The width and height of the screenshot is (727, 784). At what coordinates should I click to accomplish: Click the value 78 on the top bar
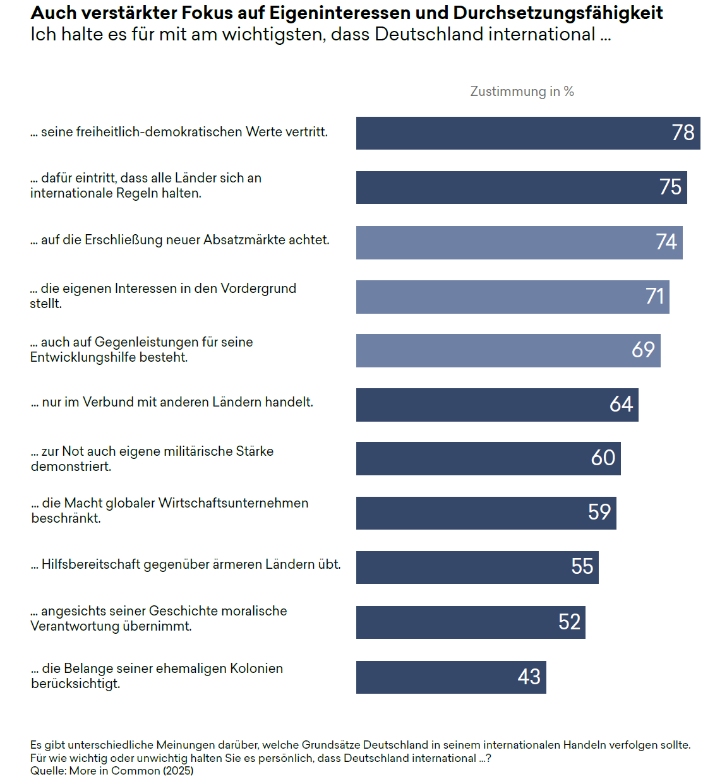[683, 133]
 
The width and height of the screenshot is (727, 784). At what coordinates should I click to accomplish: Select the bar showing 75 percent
[521, 187]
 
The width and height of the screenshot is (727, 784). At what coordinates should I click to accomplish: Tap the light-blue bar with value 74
[519, 242]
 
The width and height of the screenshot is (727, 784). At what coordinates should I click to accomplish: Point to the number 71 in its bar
[655, 296]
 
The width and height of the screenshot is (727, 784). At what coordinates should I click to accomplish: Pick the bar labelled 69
[508, 350]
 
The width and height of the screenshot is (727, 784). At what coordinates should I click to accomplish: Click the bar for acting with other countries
[497, 405]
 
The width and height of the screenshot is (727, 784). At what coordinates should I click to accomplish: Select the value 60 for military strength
[603, 458]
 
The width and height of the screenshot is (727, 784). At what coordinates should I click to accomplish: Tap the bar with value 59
[486, 513]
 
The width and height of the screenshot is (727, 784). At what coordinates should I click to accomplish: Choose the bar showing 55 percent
[477, 567]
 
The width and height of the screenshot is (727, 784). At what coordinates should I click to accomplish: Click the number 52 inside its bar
[569, 622]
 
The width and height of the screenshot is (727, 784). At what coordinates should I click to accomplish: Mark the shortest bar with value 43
[451, 677]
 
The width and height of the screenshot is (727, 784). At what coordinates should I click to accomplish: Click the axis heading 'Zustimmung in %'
[522, 92]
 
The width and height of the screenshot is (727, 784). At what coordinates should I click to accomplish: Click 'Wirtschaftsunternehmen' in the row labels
[233, 503]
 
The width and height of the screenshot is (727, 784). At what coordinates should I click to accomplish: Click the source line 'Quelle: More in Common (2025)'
[112, 771]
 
